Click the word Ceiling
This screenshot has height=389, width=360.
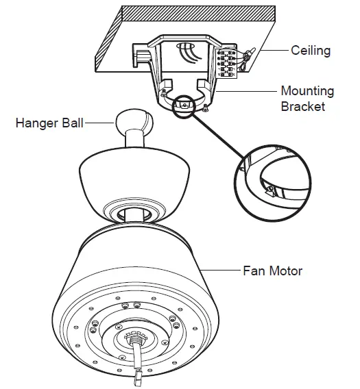coord(311,51)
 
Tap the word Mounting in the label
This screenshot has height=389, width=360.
coord(307,91)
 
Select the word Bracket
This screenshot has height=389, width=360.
coord(302,106)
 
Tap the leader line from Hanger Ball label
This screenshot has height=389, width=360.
coord(102,123)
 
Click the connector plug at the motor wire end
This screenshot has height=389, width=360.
coord(137,373)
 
